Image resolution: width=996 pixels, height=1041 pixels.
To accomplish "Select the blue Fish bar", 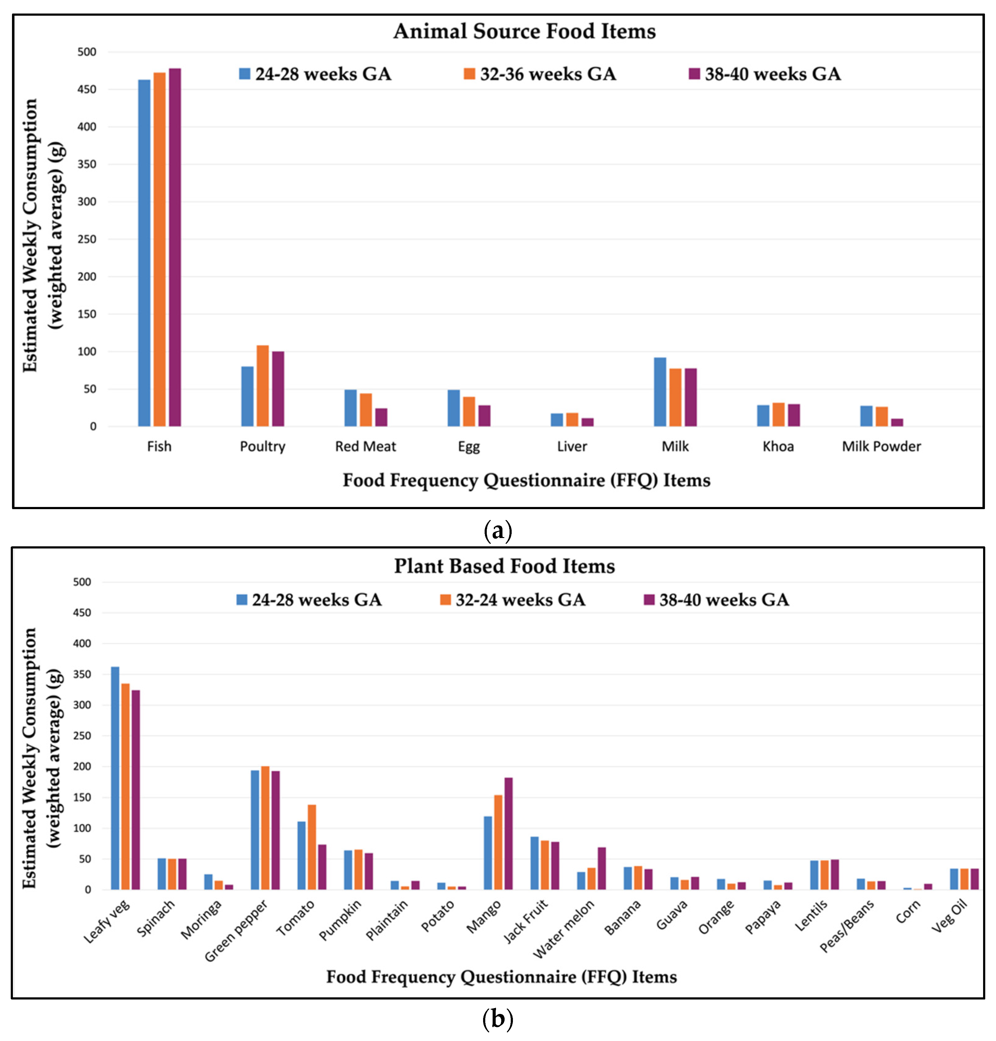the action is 144,253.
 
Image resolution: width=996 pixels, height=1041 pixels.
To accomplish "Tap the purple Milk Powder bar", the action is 897,422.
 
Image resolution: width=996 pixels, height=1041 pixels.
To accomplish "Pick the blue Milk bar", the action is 660,392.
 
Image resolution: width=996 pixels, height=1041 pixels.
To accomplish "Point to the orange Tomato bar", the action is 312,847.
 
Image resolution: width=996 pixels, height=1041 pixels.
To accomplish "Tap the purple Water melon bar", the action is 601,869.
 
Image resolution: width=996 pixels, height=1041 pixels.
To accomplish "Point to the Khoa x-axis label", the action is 778,446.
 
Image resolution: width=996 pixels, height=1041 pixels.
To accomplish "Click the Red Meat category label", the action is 365,446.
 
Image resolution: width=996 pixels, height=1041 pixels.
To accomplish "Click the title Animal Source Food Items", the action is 525,31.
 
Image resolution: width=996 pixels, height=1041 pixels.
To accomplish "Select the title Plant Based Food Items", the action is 504,566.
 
